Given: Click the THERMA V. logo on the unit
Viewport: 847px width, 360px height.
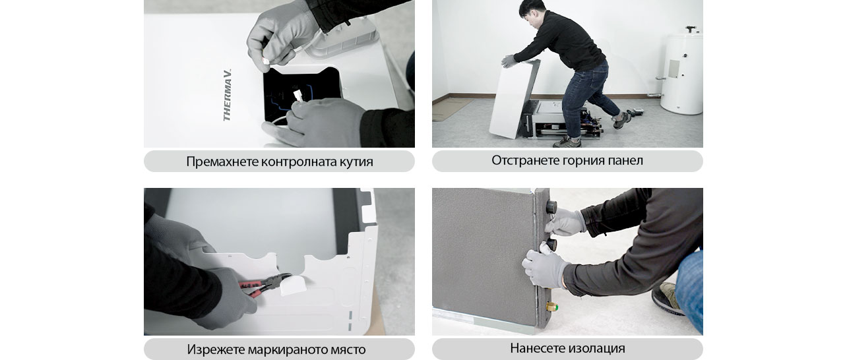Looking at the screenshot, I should coord(227,95).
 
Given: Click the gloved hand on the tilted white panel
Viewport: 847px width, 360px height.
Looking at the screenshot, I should coord(508,61).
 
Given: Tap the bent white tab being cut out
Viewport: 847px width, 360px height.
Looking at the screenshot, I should coord(294,285).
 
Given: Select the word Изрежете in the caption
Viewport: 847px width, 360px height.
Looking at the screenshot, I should coord(214,349).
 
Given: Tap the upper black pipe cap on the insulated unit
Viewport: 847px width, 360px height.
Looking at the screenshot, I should coord(551,206).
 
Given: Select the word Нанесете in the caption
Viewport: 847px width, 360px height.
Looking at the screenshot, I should coord(536,348).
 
